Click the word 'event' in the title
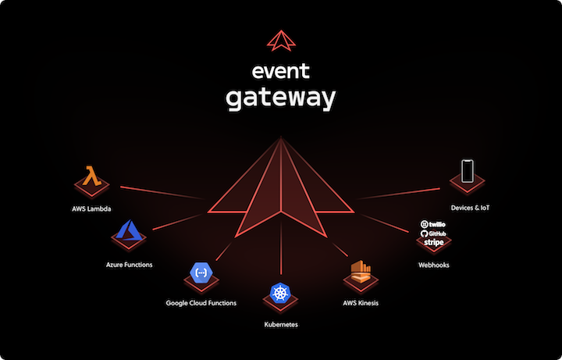(x=281, y=73)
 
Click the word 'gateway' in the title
(x=281, y=99)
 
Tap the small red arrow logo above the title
(x=280, y=40)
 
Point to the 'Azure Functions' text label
(x=130, y=265)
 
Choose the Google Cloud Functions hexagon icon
(x=201, y=273)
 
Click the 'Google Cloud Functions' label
(x=201, y=302)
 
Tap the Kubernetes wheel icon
(x=280, y=293)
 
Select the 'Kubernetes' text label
(x=281, y=323)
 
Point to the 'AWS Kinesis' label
(x=361, y=302)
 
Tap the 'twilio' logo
(x=433, y=224)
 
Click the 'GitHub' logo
(x=433, y=233)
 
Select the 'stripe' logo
(x=433, y=243)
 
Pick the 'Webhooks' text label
(x=433, y=265)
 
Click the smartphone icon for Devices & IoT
(x=468, y=171)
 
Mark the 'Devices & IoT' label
(x=471, y=208)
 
